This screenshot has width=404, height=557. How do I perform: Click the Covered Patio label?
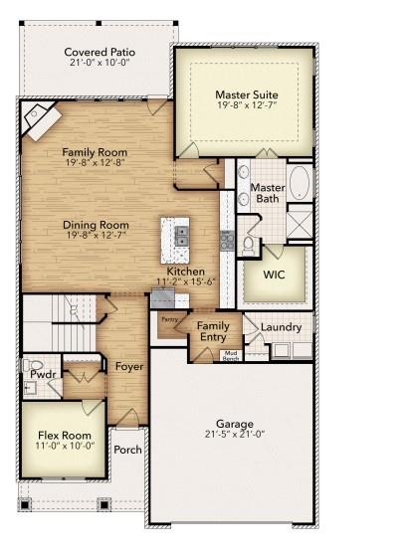[x=100, y=52]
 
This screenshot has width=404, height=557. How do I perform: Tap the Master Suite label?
[x=246, y=96]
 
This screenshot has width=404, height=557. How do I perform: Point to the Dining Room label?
[x=96, y=225]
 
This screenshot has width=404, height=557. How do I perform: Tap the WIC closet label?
[x=276, y=275]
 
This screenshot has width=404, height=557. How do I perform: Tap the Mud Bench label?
[x=230, y=354]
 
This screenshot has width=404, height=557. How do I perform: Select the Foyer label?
[x=129, y=366]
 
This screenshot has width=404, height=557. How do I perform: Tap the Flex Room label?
[x=65, y=435]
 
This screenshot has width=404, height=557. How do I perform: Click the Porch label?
[x=128, y=450]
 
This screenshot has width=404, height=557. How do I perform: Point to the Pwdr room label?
[x=39, y=375]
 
